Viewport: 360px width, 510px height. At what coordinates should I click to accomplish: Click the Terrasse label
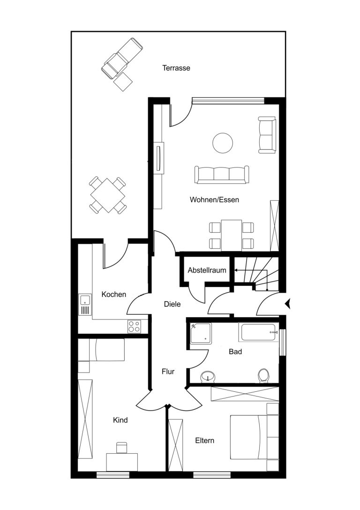pyautogui.click(x=176, y=69)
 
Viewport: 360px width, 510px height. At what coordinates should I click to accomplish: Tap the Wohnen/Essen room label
pyautogui.click(x=214, y=199)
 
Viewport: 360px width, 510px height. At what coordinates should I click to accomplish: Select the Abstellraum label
pyautogui.click(x=207, y=270)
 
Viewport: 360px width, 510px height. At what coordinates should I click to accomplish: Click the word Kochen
pyautogui.click(x=114, y=294)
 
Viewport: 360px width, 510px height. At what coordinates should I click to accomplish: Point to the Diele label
pyautogui.click(x=172, y=304)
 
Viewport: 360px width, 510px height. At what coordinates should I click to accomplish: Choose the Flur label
pyautogui.click(x=168, y=372)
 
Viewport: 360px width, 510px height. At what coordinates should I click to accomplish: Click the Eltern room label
pyautogui.click(x=205, y=441)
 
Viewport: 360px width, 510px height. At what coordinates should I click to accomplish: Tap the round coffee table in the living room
pyautogui.click(x=223, y=143)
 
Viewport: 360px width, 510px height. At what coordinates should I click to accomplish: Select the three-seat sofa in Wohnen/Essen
pyautogui.click(x=222, y=175)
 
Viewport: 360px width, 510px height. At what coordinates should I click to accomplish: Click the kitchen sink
pyautogui.click(x=85, y=305)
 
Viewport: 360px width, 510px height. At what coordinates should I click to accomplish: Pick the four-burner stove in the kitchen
pyautogui.click(x=134, y=327)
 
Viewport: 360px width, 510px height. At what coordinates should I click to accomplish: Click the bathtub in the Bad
pyautogui.click(x=259, y=332)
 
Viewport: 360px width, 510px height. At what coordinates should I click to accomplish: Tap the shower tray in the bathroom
pyautogui.click(x=201, y=333)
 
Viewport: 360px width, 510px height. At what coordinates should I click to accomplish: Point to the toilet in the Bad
pyautogui.click(x=263, y=376)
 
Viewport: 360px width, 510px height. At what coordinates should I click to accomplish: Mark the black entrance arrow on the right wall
pyautogui.click(x=287, y=304)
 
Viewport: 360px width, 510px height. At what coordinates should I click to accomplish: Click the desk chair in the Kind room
pyautogui.click(x=121, y=448)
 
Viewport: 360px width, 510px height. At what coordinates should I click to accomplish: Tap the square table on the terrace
pyautogui.click(x=107, y=195)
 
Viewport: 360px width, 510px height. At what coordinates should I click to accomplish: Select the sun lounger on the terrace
pyautogui.click(x=122, y=58)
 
